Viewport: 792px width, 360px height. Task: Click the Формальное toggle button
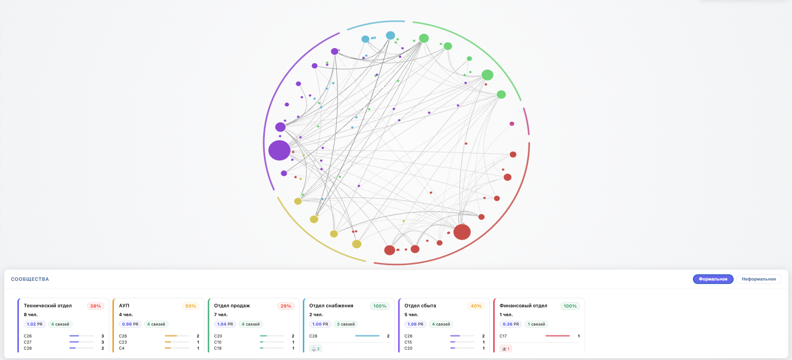713,279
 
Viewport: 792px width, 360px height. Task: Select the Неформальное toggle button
758,279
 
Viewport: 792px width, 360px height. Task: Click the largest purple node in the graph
279,150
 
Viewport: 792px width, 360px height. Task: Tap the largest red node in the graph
462,232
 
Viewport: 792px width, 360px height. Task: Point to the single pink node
512,124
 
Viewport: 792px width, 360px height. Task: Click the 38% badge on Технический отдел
95,306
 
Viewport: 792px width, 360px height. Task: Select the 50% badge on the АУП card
191,306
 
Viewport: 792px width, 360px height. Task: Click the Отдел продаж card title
232,305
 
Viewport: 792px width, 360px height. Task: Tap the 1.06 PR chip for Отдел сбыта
415,324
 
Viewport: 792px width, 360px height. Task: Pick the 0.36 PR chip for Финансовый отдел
510,324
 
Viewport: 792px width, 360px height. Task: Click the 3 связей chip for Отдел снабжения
345,324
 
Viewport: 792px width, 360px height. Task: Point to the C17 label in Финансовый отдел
503,336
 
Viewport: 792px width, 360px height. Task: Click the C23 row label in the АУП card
123,342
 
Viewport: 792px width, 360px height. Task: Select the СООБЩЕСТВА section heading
30,279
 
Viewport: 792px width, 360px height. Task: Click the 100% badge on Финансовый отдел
570,306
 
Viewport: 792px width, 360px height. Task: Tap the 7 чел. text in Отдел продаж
221,315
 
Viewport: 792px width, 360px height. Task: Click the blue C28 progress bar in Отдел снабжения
367,336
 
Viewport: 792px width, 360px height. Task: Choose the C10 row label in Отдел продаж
218,342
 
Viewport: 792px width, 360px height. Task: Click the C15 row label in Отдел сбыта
408,342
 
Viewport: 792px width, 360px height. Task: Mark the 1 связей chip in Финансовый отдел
536,324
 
